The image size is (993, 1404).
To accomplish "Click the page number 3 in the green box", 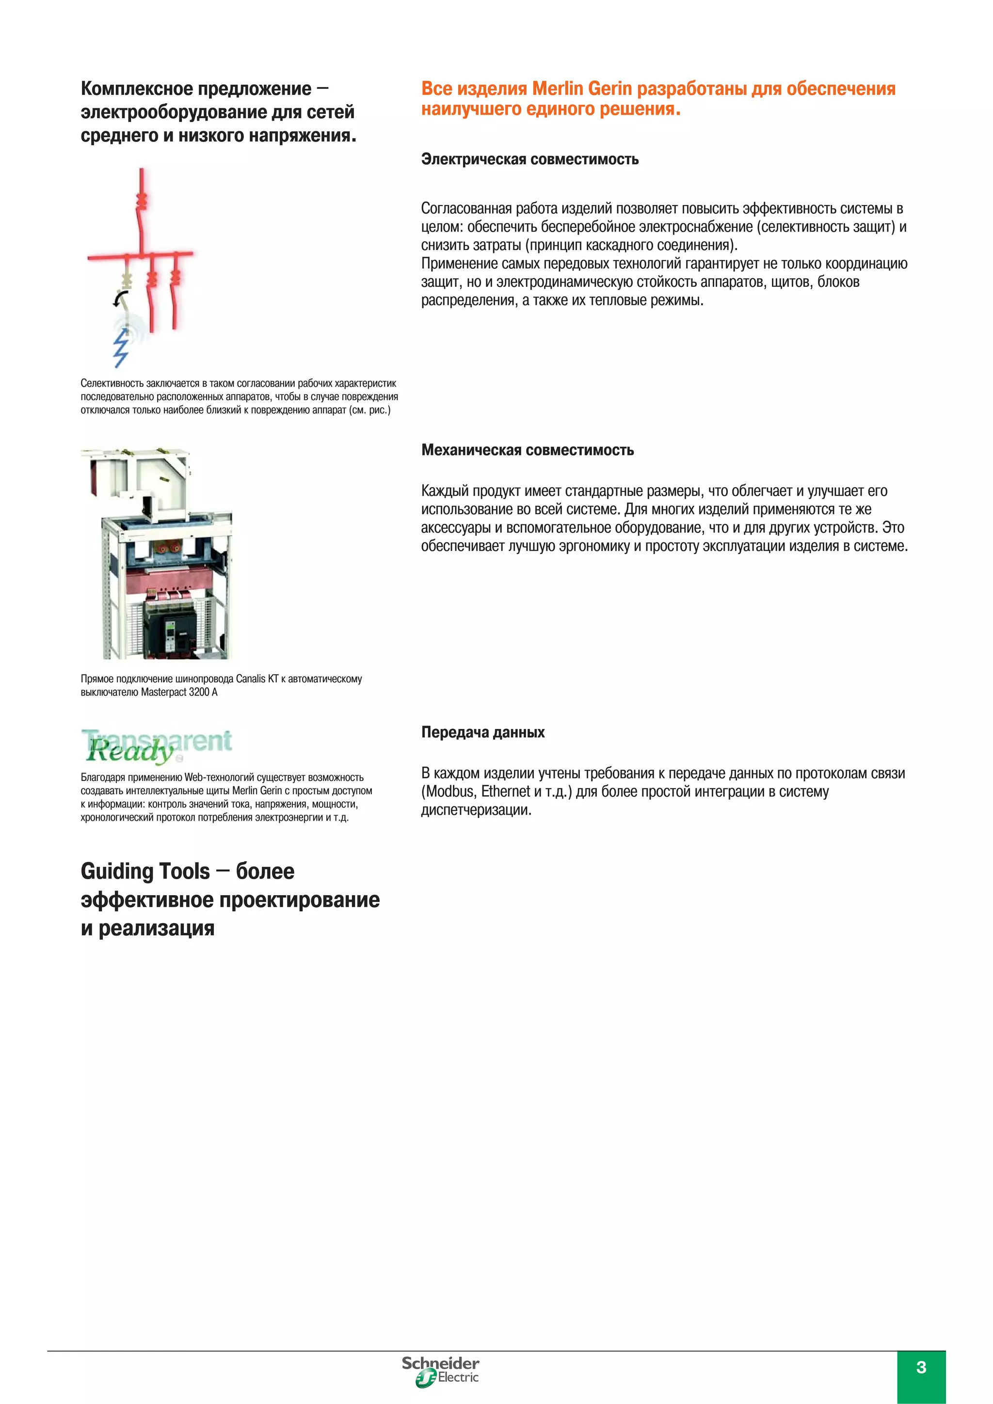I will [x=921, y=1367].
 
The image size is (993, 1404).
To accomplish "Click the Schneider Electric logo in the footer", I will [x=441, y=1371].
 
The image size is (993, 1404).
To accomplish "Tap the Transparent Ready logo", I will [x=157, y=745].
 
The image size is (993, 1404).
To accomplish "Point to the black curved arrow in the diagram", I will [x=119, y=299].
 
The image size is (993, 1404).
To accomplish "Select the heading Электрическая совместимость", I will [x=529, y=159].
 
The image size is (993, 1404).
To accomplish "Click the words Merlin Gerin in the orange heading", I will [x=581, y=89].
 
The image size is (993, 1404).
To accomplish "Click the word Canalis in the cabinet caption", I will [x=251, y=679].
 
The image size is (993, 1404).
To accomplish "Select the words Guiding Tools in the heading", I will [x=145, y=871].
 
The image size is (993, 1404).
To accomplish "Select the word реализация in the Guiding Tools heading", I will [x=157, y=928].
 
